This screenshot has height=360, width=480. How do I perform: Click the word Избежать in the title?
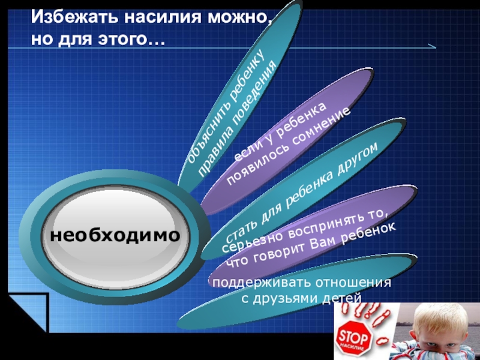pyautogui.click(x=74, y=17)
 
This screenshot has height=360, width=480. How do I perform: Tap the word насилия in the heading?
pyautogui.click(x=163, y=17)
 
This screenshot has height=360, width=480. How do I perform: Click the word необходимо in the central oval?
pyautogui.click(x=115, y=235)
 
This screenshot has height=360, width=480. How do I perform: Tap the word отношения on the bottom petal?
pyautogui.click(x=353, y=282)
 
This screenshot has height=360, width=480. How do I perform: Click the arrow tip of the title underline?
pyautogui.click(x=436, y=48)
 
